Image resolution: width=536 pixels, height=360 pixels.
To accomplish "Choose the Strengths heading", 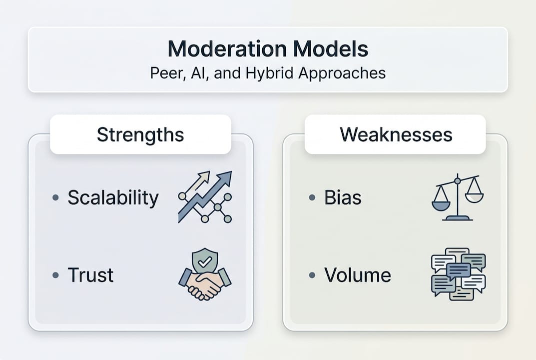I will [140, 134].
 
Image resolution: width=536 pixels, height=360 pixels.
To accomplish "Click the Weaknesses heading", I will [396, 134].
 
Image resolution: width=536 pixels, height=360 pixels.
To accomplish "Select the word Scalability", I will [113, 198].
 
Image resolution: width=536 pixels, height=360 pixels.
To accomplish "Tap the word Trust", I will [90, 275].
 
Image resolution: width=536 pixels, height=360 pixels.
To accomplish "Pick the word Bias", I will [343, 198].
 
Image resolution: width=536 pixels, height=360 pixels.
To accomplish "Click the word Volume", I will [358, 275].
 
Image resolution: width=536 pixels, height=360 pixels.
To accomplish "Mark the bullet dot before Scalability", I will [56, 198].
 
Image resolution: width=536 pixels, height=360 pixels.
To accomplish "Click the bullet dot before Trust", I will [56, 275].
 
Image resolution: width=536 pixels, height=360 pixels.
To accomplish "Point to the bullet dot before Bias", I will [312, 198].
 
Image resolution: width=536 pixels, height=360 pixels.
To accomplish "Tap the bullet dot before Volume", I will [312, 275].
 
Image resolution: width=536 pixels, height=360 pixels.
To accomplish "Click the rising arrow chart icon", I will [205, 196].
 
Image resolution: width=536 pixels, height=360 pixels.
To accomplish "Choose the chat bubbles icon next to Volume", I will [458, 274].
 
